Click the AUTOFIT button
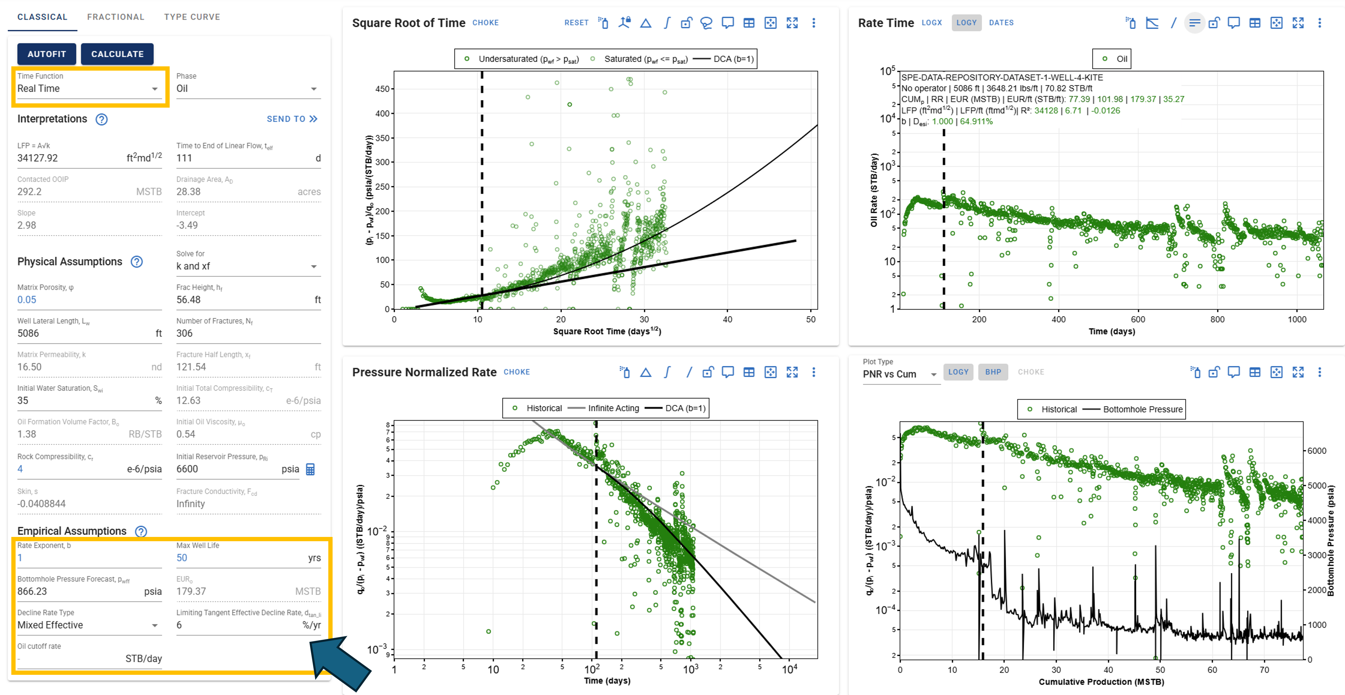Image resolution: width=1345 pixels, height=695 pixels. click(46, 54)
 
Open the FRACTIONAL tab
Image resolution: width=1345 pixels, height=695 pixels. click(115, 17)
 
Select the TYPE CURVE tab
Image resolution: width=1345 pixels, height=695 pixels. click(192, 17)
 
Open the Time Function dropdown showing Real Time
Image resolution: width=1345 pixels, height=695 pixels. click(88, 88)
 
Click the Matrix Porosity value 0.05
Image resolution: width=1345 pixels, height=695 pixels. click(27, 300)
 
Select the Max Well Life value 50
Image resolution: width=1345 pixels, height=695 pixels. click(182, 558)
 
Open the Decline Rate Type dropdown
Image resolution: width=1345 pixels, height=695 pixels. click(88, 625)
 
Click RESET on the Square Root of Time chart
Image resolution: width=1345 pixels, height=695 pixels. click(577, 22)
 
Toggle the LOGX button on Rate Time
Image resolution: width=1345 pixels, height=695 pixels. click(931, 22)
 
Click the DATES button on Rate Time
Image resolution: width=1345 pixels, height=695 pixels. click(1001, 22)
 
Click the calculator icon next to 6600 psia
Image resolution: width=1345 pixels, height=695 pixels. click(310, 469)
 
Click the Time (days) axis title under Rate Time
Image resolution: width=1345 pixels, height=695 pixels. click(1111, 331)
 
